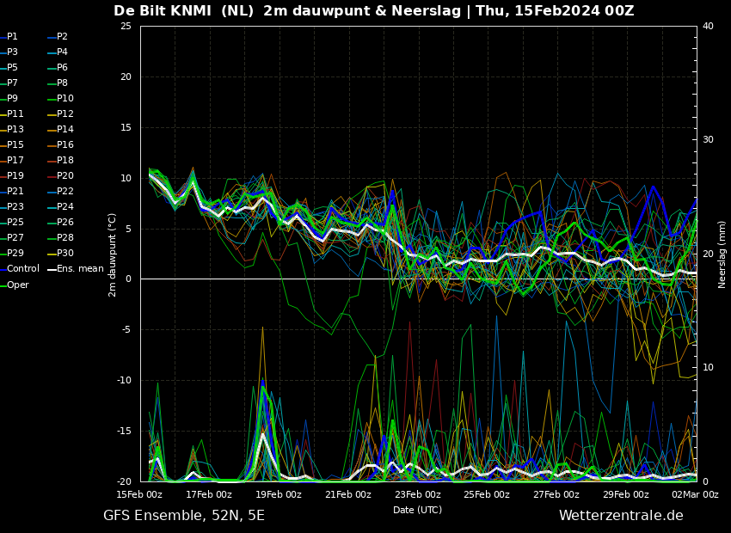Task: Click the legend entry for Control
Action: click(x=20, y=269)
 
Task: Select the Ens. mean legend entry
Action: click(x=76, y=269)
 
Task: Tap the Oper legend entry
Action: click(x=15, y=285)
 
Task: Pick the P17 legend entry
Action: click(x=12, y=160)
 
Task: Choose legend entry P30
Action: click(x=61, y=253)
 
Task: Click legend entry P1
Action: click(x=9, y=36)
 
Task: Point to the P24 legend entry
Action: click(x=61, y=206)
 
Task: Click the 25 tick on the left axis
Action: click(x=126, y=26)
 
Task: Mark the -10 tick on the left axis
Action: click(x=124, y=380)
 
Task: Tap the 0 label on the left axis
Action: click(x=129, y=279)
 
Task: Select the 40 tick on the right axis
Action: click(x=708, y=26)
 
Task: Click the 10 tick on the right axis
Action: click(x=708, y=367)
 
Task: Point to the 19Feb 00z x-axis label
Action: click(x=279, y=494)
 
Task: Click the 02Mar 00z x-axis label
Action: click(x=696, y=494)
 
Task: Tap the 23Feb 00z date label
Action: click(x=418, y=494)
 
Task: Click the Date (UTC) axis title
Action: click(x=418, y=510)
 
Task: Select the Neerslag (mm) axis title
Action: click(x=722, y=254)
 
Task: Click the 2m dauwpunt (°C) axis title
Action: click(x=112, y=254)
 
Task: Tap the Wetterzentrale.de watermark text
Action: click(x=621, y=515)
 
